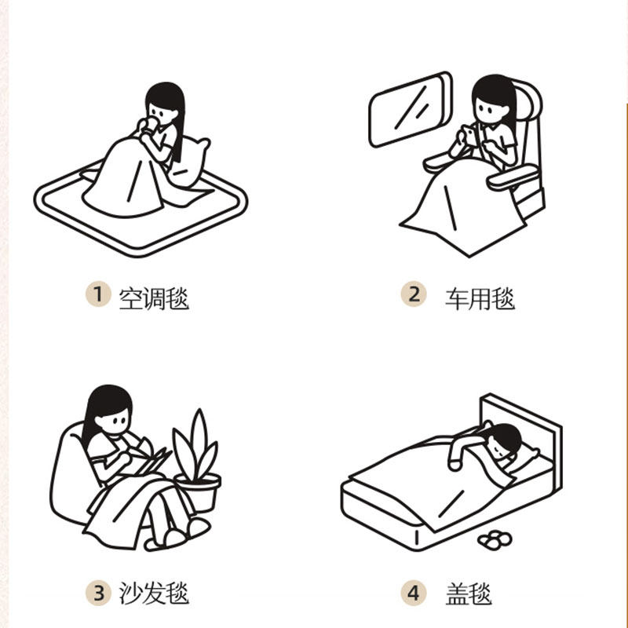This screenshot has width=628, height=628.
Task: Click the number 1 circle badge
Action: pyautogui.click(x=97, y=295)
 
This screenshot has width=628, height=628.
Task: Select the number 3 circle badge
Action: pyautogui.click(x=97, y=592)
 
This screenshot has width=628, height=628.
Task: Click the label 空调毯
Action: pyautogui.click(x=154, y=298)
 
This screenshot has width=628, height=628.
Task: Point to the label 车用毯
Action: pyautogui.click(x=480, y=298)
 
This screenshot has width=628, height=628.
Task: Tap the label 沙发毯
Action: pyautogui.click(x=154, y=593)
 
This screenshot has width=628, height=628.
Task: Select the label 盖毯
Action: pyautogui.click(x=469, y=593)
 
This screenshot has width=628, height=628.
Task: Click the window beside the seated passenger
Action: pyautogui.click(x=411, y=110)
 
